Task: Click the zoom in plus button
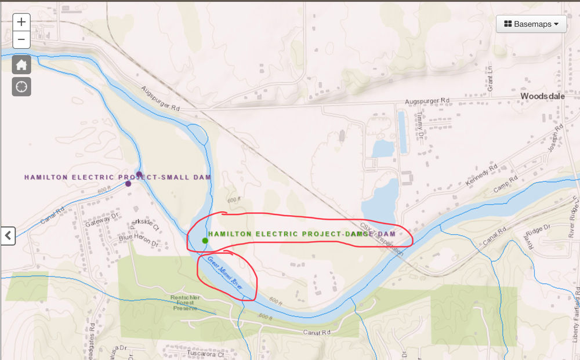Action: click(21, 22)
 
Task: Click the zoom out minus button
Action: click(21, 40)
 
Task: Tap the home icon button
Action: click(21, 64)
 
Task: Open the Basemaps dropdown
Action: click(531, 24)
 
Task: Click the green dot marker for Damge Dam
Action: click(205, 241)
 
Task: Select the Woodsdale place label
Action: click(542, 96)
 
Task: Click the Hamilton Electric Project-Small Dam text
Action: click(117, 177)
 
